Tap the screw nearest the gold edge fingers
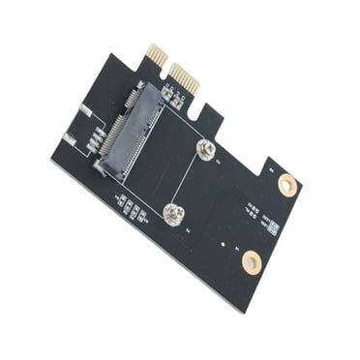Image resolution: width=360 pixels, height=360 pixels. (204, 148)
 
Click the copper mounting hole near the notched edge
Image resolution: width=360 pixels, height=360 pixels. (287, 184)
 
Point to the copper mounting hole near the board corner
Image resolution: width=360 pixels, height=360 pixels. (251, 261)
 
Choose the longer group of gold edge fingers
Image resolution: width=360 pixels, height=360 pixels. (184, 77)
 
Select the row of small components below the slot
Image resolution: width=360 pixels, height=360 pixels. (133, 208)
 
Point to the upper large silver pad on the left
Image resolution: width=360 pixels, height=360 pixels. (84, 110)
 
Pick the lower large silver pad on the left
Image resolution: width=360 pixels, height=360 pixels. (69, 139)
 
